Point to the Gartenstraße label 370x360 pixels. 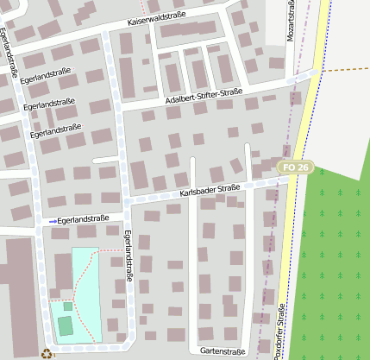[x=223, y=351]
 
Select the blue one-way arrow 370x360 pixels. [x=53, y=222]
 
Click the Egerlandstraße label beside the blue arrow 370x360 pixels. [x=84, y=219]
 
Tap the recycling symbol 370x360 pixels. [x=47, y=352]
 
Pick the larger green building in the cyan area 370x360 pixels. [x=66, y=325]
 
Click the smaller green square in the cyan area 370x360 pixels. [x=68, y=306]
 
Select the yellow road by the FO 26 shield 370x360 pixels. [x=304, y=138]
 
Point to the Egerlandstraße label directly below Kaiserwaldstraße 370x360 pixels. [x=47, y=74]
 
